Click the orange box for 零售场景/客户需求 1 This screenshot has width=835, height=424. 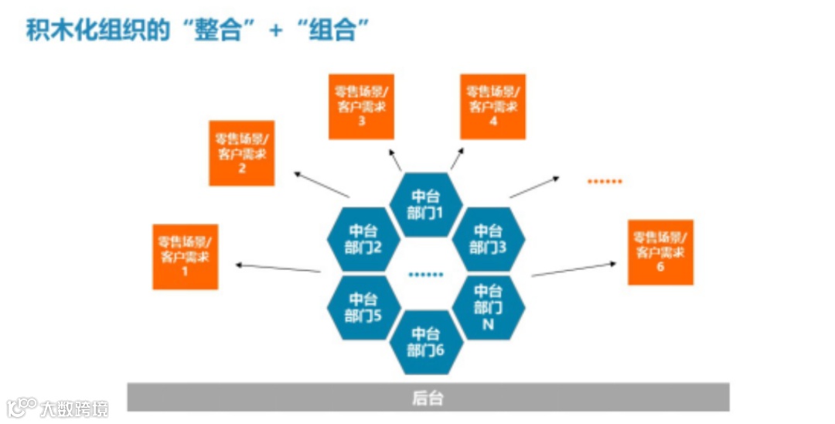[x=186, y=256]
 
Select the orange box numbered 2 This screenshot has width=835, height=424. [x=241, y=153]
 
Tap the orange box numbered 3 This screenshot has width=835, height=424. [x=361, y=107]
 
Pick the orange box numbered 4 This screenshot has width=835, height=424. [x=492, y=107]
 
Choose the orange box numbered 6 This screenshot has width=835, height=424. [x=660, y=252]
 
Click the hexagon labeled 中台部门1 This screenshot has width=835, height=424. [x=426, y=204]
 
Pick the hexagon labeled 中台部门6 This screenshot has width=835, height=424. [x=426, y=341]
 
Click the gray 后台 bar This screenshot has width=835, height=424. [x=428, y=398]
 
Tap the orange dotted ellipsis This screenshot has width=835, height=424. [x=605, y=181]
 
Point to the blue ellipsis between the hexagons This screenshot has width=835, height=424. [x=426, y=274]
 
